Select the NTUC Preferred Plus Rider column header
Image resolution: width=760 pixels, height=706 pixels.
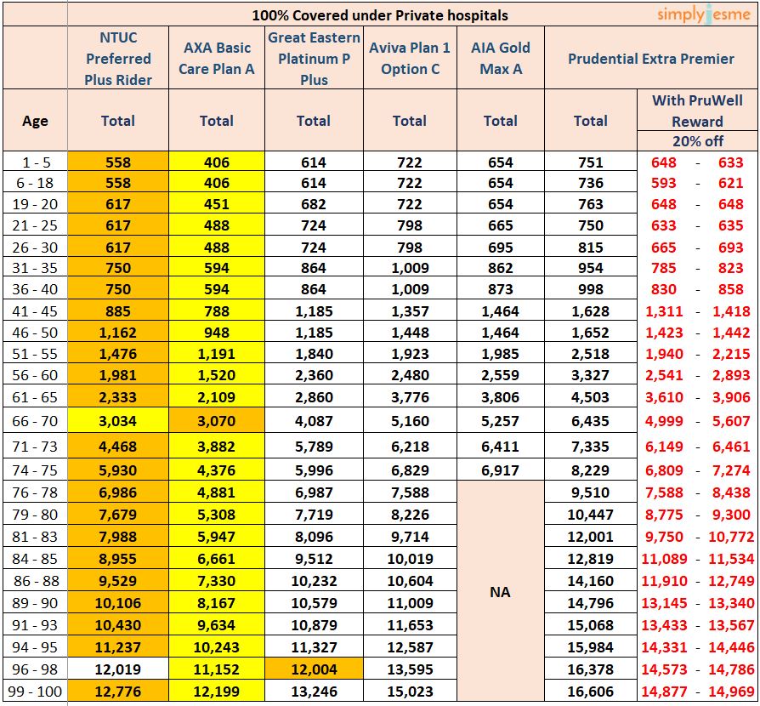[x=118, y=59]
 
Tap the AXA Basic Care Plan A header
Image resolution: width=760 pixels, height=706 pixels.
[x=217, y=59]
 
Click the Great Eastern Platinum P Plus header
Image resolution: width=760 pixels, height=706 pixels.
[x=314, y=59]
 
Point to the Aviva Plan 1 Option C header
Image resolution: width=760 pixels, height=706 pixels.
[x=410, y=59]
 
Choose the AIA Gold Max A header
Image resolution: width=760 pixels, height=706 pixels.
[x=501, y=59]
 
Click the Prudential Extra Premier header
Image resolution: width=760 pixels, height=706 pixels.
[x=650, y=59]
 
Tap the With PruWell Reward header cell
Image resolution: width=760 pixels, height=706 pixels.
[x=697, y=111]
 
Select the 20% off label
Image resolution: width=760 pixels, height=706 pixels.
[x=697, y=141]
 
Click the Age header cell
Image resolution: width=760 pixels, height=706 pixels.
[x=35, y=121]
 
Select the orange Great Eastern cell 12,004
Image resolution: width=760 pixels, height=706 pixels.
[x=314, y=669]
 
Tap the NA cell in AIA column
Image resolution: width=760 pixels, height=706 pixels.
[x=501, y=591]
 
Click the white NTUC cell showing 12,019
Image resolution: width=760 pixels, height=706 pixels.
[x=118, y=669]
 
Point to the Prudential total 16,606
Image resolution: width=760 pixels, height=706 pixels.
[x=591, y=691]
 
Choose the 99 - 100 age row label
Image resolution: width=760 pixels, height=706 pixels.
[x=35, y=691]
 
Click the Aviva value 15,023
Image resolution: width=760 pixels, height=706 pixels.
[x=410, y=691]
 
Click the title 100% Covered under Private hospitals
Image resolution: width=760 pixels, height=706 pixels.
[x=380, y=14]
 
